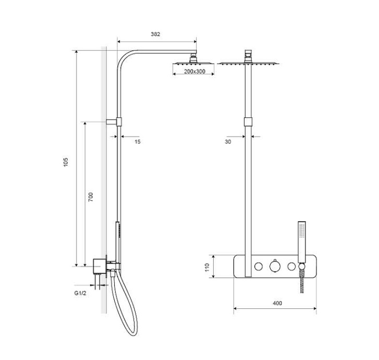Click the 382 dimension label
155,34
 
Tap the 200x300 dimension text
194,71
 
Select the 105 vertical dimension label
66,162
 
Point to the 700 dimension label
90,197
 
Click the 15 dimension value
138,142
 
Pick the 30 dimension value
228,142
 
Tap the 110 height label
207,267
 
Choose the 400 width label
277,303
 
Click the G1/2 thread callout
80,293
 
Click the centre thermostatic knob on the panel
275,266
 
